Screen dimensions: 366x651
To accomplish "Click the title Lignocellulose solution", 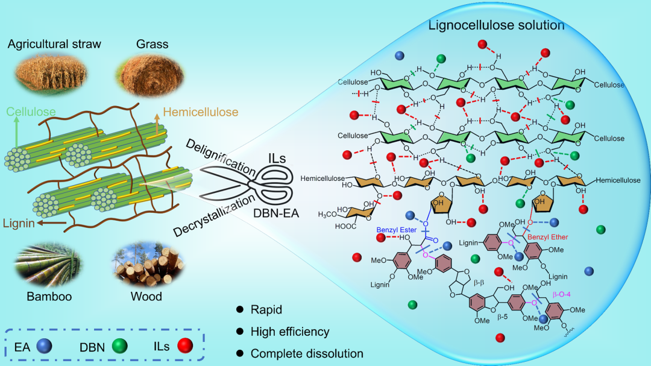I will pyautogui.click(x=495, y=25).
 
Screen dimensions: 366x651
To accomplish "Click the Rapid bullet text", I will pyautogui.click(x=266, y=310).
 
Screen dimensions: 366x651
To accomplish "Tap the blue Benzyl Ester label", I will pyautogui.click(x=395, y=230).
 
